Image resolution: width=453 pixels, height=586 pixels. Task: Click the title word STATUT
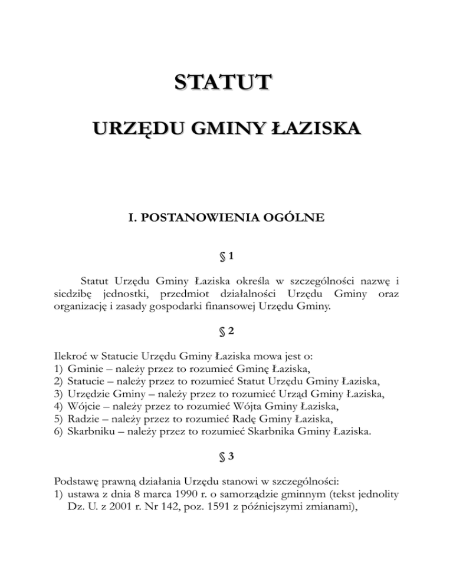coord(226,81)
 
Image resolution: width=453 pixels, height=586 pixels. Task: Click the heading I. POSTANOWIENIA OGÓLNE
coord(226,218)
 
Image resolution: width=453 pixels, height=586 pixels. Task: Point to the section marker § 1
coord(226,257)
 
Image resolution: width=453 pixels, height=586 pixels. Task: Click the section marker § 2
coord(226,331)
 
